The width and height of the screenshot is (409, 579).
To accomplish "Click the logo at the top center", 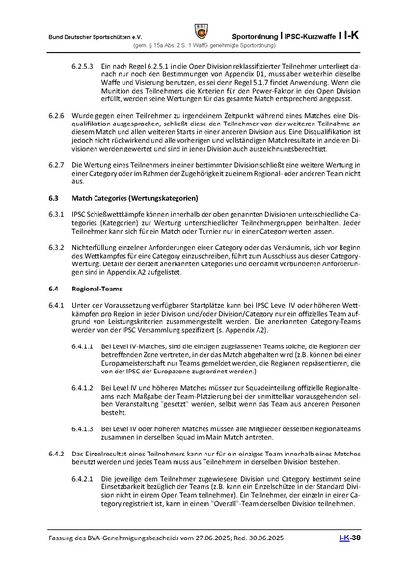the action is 204,18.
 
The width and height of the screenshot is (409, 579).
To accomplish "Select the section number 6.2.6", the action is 60,141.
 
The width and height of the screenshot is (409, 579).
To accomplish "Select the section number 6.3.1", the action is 60,238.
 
